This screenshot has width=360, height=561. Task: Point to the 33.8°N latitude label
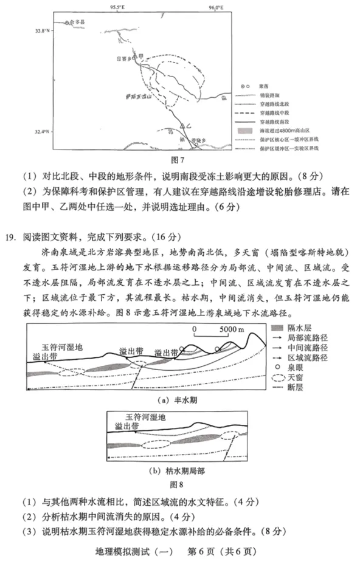(41, 30)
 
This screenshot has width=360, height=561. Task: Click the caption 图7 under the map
(179, 160)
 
